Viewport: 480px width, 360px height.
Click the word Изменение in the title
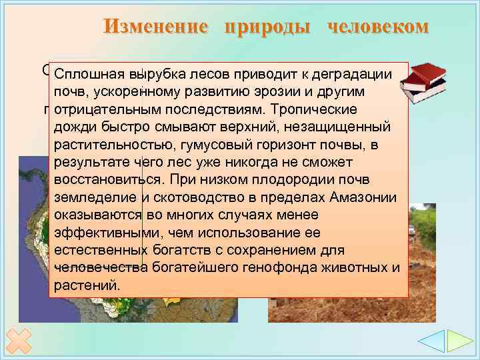[x=156, y=26]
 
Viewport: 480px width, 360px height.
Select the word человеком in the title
[x=378, y=26]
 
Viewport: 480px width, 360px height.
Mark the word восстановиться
[x=107, y=180]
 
